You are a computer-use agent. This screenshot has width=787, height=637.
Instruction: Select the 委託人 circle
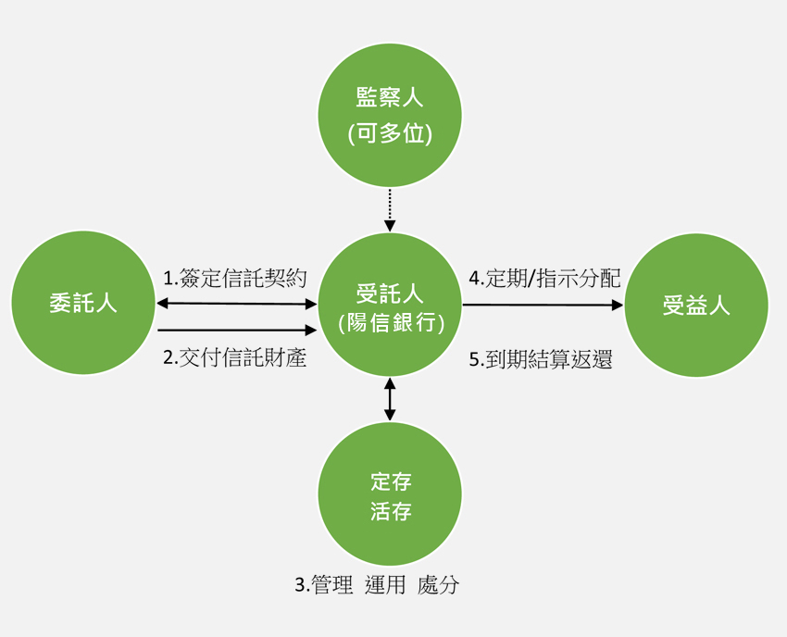(x=83, y=303)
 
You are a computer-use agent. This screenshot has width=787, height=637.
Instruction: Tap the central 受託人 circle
(x=390, y=305)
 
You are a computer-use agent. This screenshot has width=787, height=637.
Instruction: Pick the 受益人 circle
(x=696, y=305)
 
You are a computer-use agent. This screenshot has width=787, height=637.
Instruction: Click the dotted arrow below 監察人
(x=390, y=210)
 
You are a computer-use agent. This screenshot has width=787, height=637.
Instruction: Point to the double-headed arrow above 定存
(x=390, y=399)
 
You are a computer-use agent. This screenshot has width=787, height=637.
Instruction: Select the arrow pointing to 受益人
(x=543, y=304)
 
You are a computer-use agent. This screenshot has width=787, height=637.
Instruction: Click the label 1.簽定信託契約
(x=235, y=278)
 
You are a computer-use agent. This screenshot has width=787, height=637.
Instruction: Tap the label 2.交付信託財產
(x=235, y=357)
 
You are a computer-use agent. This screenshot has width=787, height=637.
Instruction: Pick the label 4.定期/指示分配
(x=544, y=278)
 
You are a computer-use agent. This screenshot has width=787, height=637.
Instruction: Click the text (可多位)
(x=390, y=133)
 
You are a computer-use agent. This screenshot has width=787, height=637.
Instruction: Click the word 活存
(x=390, y=511)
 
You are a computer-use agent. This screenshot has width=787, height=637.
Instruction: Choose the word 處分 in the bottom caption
(x=438, y=585)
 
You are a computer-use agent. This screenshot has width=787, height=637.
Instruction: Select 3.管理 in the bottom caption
(x=324, y=585)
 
